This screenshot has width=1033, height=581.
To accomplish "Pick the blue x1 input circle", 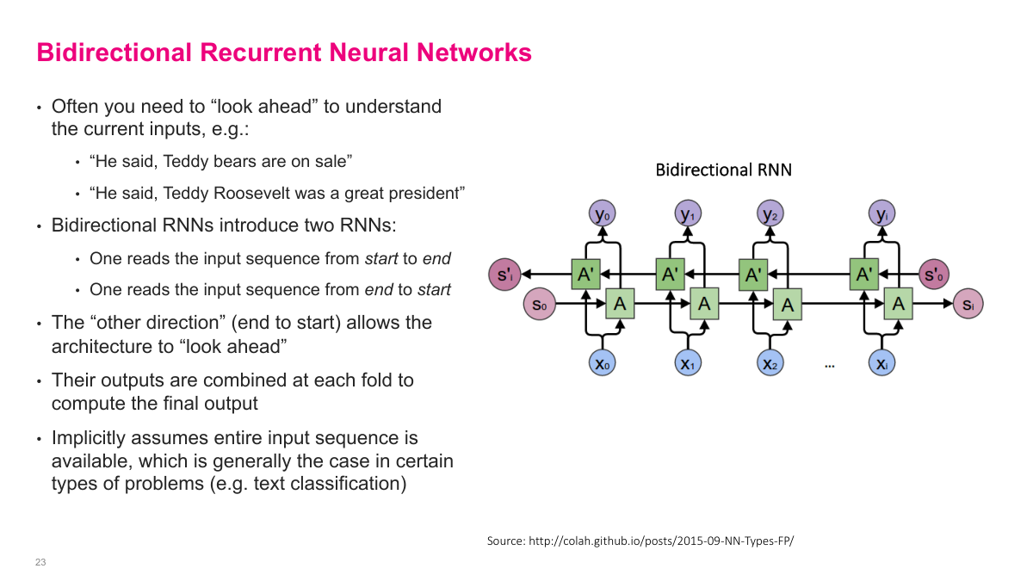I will [x=687, y=363].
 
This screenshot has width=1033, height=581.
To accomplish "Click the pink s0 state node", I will [x=538, y=304].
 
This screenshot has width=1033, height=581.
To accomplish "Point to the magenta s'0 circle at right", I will [x=935, y=275].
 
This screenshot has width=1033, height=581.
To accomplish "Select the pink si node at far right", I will [x=968, y=304].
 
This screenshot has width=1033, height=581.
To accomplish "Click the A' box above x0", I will [x=585, y=275].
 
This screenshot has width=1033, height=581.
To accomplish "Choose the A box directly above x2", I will [x=787, y=305].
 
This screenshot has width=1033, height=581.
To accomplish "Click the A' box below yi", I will [x=864, y=275].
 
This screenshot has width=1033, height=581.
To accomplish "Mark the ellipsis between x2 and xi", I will [x=830, y=366].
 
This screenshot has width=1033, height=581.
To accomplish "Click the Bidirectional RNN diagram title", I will [x=723, y=170].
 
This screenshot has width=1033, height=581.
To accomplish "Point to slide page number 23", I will [x=40, y=562].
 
